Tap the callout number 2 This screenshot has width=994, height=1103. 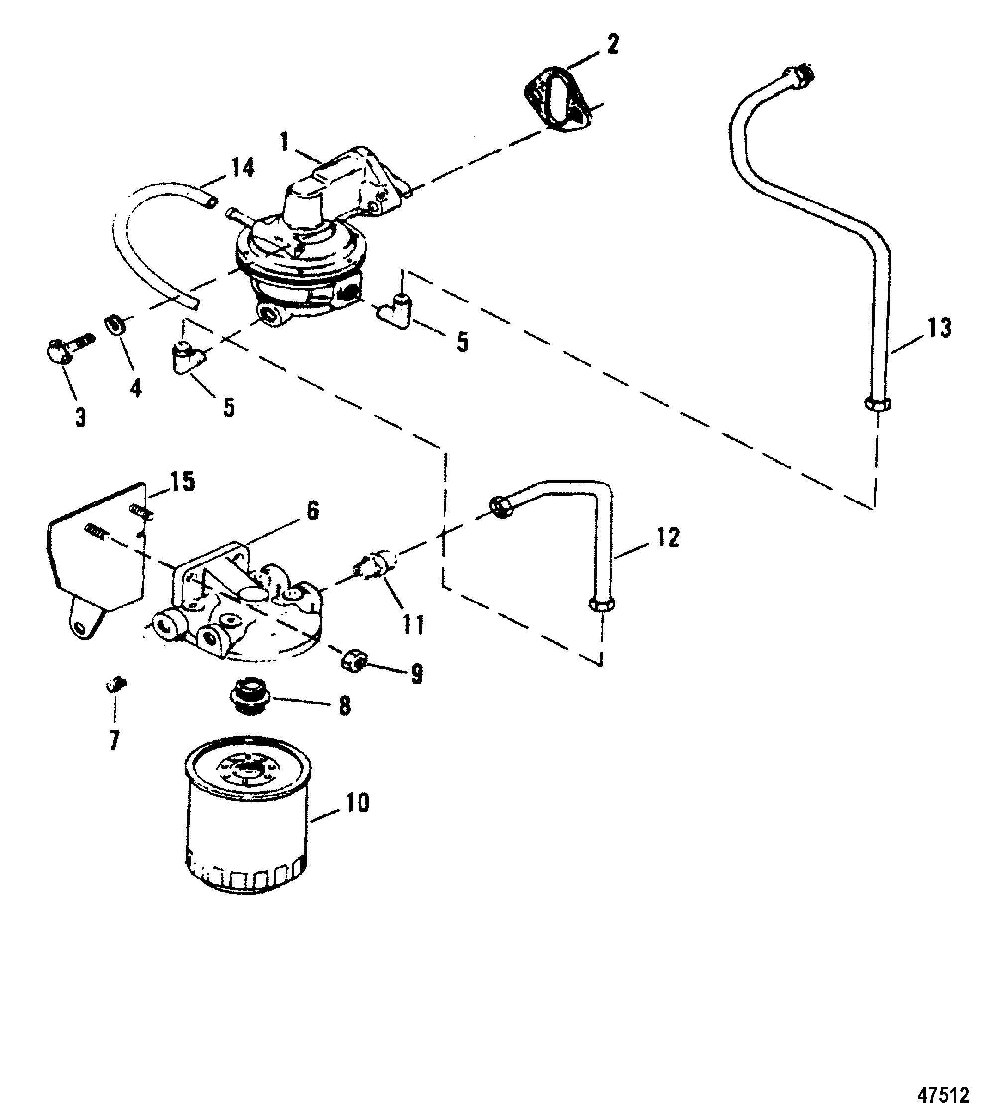[613, 45]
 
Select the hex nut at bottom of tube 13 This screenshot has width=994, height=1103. [878, 404]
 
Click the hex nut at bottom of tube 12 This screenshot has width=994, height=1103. [602, 604]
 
